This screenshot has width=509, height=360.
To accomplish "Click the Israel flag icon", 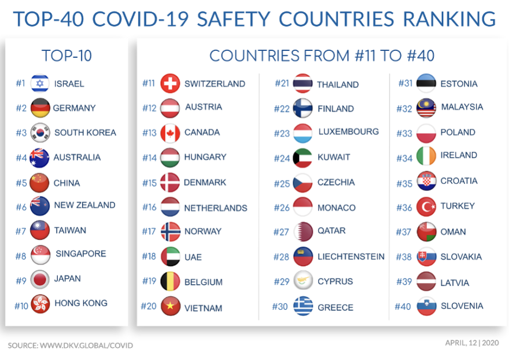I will pyautogui.click(x=39, y=83).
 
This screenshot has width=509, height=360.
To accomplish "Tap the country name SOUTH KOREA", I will pyautogui.click(x=85, y=133).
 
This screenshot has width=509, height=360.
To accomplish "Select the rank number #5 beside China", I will pyautogui.click(x=21, y=183).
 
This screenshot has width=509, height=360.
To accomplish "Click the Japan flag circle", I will pyautogui.click(x=39, y=279).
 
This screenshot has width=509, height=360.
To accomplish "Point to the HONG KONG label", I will pyautogui.click(x=81, y=303).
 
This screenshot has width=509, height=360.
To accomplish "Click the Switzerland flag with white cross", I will pyautogui.click(x=170, y=83).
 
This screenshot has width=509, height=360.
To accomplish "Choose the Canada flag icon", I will pyautogui.click(x=170, y=133).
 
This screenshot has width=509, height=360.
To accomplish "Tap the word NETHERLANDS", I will pyautogui.click(x=216, y=208).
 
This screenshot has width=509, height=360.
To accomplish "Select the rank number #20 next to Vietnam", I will pyautogui.click(x=149, y=306).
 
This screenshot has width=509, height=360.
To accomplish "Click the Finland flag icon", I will pyautogui.click(x=303, y=108).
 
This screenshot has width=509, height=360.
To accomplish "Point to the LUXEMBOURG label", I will pyautogui.click(x=348, y=131).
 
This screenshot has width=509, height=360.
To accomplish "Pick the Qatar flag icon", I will pyautogui.click(x=303, y=232).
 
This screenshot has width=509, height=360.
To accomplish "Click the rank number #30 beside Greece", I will pyautogui.click(x=280, y=306).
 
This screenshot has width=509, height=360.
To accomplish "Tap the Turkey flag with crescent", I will pyautogui.click(x=426, y=206).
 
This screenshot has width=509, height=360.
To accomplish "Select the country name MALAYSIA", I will pyautogui.click(x=462, y=107).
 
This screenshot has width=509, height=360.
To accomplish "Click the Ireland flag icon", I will pyautogui.click(x=426, y=156).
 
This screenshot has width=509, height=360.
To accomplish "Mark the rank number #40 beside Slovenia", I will pyautogui.click(x=403, y=306).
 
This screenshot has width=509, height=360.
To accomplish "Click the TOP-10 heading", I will pyautogui.click(x=67, y=56).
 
